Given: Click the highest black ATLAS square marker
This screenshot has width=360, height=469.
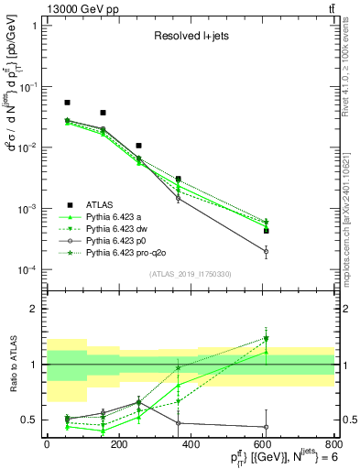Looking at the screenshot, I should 67,103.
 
